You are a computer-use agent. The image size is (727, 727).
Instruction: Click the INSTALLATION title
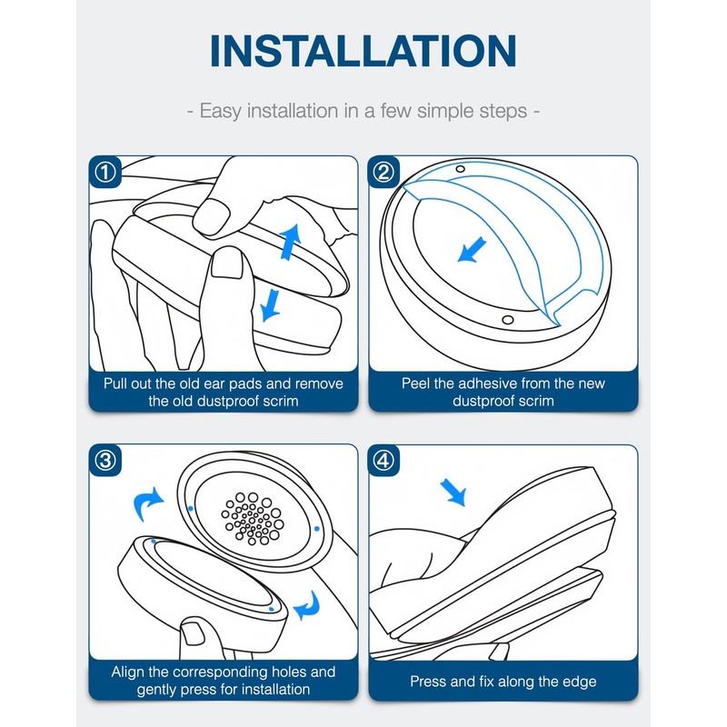click(x=363, y=51)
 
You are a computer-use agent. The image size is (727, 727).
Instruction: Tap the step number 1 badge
click(x=105, y=172)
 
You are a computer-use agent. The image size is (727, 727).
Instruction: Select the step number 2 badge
click(x=383, y=172)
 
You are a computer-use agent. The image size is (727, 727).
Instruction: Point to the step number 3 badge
click(x=105, y=461)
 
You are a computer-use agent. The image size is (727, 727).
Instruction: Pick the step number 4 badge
click(x=383, y=461)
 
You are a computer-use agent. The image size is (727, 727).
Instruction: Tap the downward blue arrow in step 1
click(x=270, y=305)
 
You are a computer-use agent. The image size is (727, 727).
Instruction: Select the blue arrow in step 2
click(x=472, y=249)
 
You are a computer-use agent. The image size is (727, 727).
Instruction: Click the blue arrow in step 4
click(x=453, y=493)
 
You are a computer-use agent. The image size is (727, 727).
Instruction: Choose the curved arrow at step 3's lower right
click(x=308, y=605)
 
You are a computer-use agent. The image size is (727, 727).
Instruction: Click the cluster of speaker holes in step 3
click(x=253, y=518)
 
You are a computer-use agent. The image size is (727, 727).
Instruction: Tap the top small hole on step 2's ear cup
click(x=460, y=169)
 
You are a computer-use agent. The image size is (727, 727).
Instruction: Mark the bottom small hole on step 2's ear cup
click(x=508, y=320)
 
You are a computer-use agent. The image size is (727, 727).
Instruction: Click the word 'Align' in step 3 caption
click(x=127, y=672)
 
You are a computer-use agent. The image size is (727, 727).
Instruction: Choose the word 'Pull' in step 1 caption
click(x=115, y=383)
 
